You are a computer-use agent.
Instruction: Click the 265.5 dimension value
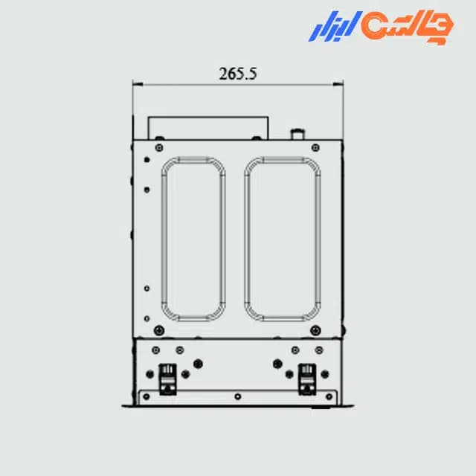click(x=238, y=74)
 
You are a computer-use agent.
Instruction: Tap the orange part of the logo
click(x=407, y=28)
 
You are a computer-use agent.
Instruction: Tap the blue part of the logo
click(x=335, y=26)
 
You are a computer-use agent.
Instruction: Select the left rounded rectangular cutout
click(x=193, y=239)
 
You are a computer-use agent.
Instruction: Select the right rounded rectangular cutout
click(x=283, y=239)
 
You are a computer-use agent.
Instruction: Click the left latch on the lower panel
click(x=168, y=379)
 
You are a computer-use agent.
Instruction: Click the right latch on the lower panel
click(x=307, y=379)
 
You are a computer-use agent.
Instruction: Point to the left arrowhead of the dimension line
click(x=138, y=84)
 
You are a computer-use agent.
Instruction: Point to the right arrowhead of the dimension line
click(x=338, y=84)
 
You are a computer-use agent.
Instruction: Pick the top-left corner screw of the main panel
click(x=159, y=148)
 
